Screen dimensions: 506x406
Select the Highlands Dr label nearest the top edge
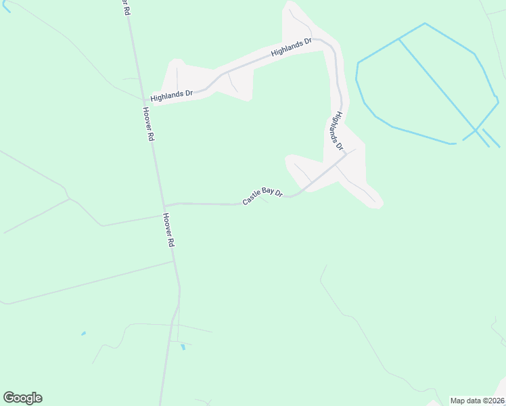click(291, 47)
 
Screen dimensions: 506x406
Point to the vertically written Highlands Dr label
click(336, 132)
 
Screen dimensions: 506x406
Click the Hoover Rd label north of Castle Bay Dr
click(148, 124)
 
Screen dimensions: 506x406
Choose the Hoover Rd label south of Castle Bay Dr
click(168, 230)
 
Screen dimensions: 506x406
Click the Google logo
click(22, 398)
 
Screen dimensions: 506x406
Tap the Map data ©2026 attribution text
click(478, 400)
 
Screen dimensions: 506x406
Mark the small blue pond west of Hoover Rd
click(83, 333)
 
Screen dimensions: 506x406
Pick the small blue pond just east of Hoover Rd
click(182, 348)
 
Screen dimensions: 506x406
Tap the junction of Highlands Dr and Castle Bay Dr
click(346, 154)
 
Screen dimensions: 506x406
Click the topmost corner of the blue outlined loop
click(425, 24)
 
